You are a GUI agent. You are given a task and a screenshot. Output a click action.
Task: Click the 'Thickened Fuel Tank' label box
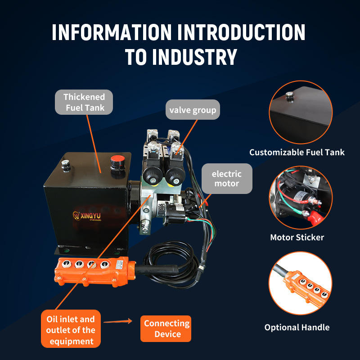84,102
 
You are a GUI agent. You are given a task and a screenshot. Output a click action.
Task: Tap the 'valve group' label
193,110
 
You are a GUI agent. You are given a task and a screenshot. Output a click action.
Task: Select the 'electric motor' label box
226,179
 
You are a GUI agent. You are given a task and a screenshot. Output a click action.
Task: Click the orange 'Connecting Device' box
166,328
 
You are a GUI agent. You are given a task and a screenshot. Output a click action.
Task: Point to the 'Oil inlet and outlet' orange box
71,330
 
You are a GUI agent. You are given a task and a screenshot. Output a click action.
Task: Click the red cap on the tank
117,161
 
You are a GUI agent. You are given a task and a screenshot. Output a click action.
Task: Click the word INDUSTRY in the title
194,58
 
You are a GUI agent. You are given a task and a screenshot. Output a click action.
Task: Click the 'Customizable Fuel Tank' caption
297,152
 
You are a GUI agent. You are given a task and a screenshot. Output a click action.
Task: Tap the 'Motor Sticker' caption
297,237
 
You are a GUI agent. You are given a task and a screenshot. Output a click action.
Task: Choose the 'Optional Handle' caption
297,327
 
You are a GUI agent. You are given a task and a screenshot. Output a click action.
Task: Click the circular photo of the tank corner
301,112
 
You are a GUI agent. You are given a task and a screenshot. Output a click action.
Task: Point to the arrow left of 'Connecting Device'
118,321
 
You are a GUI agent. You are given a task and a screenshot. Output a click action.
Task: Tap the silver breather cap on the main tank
66,165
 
